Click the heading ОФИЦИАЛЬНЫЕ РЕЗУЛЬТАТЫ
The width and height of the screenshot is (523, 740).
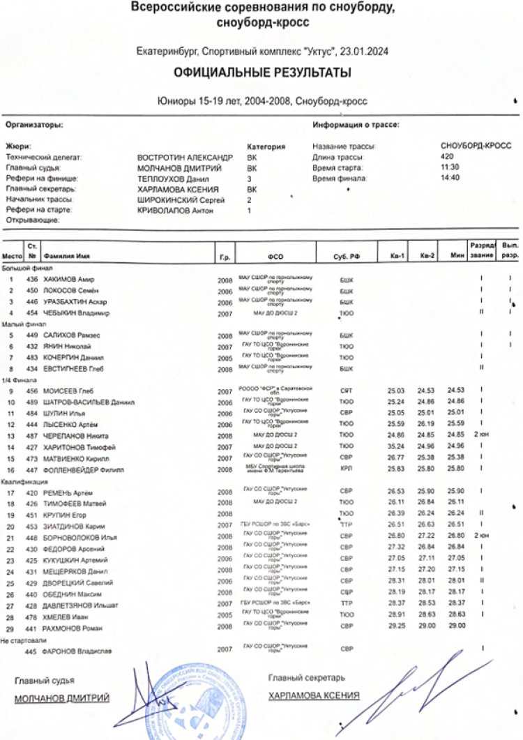[262, 73]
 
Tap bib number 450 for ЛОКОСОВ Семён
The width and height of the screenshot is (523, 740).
[31, 290]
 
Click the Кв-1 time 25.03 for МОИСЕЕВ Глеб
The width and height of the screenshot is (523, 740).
[396, 391]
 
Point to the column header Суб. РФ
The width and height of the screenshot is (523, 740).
[346, 257]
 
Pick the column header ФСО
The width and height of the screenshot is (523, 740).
[275, 257]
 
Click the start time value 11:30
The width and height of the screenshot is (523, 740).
[450, 167]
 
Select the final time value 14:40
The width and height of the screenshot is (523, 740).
[450, 178]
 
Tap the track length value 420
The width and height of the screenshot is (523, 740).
[448, 157]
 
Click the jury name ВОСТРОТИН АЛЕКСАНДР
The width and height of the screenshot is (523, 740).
[185, 158]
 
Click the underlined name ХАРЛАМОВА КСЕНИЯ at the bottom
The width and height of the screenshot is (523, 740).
[314, 695]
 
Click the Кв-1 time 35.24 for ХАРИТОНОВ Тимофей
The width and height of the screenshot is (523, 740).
[396, 446]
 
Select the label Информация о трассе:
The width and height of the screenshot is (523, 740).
[356, 126]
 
